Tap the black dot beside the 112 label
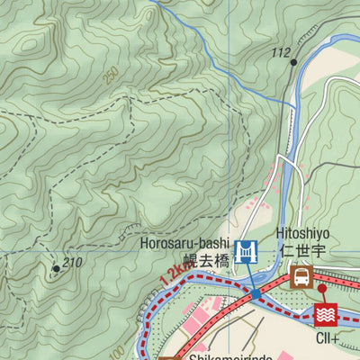coord(293,62)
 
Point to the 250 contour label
coord(111,76)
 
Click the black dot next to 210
coord(56,268)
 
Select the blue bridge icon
coord(244,252)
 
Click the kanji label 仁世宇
coord(304,250)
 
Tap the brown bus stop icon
coord(301,275)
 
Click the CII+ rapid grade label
coord(327,338)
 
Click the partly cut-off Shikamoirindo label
coord(229,355)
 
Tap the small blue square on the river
coord(256,293)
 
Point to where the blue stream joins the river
coord(294,105)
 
